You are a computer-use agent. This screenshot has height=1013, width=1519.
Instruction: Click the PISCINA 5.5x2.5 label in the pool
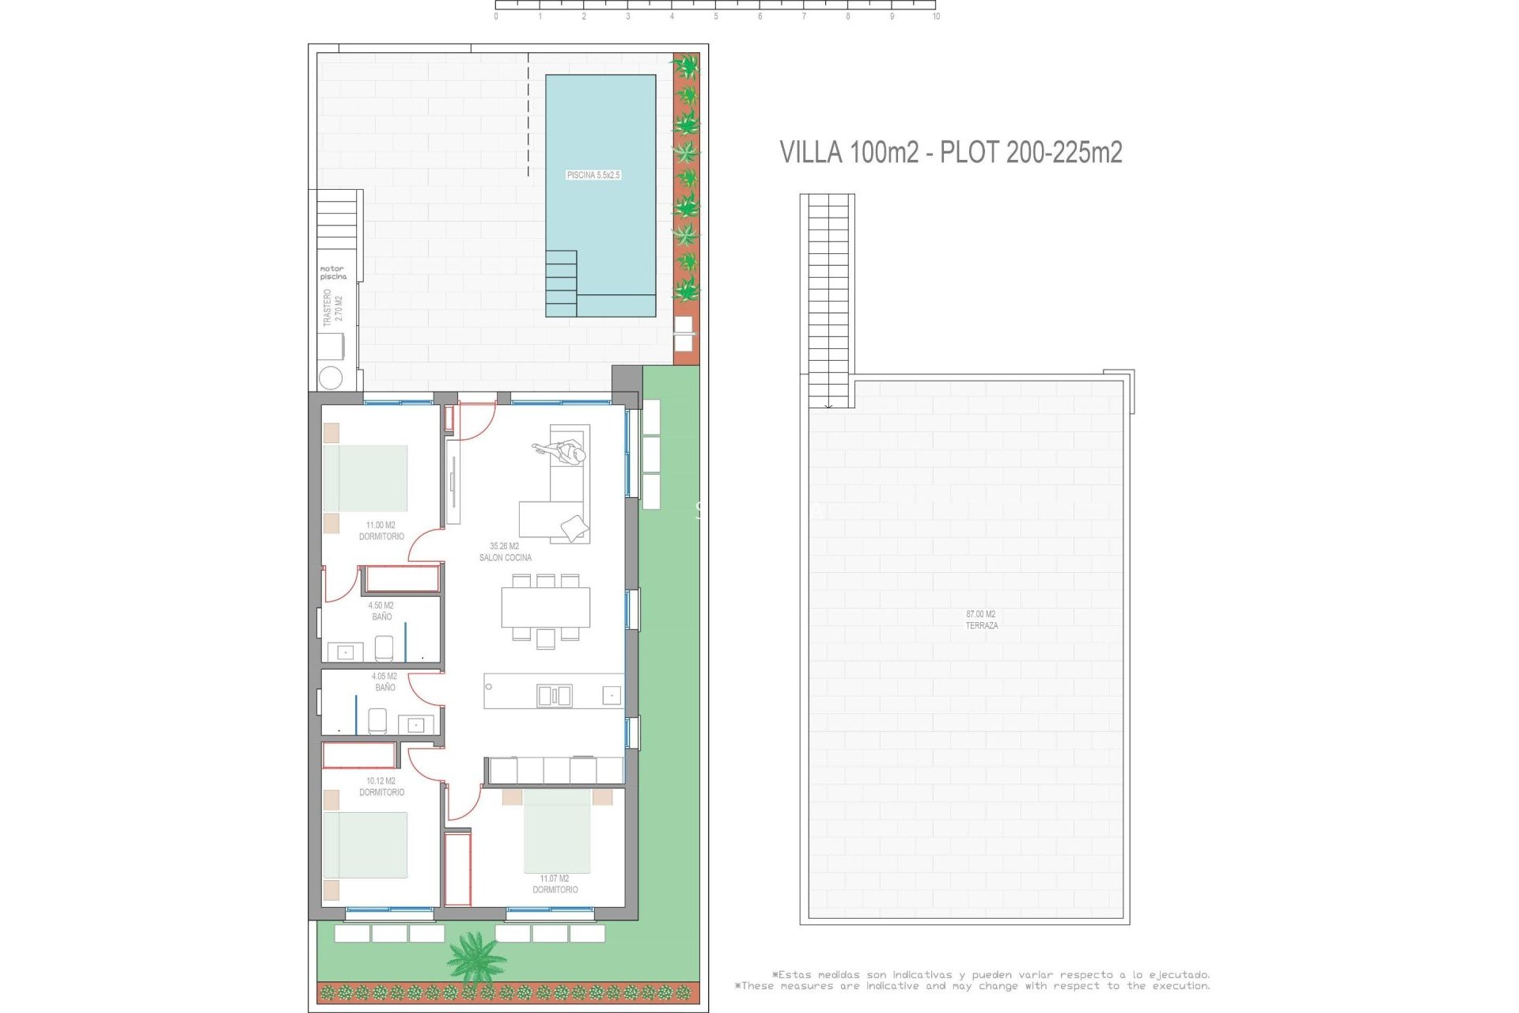tap(593, 175)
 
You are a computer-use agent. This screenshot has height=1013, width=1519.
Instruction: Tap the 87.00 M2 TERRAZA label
tap(981, 620)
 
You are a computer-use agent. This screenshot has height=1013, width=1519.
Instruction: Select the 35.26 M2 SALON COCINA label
tap(505, 552)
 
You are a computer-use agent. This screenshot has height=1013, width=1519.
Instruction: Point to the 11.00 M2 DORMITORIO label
tap(381, 531)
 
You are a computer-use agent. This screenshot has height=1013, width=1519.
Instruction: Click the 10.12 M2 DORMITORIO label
tap(381, 787)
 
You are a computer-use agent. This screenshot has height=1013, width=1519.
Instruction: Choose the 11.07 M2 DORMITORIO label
tap(555, 884)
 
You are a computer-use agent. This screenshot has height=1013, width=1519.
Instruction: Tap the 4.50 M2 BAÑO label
tap(381, 611)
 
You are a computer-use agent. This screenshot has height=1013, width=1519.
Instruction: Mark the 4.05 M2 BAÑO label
tap(384, 681)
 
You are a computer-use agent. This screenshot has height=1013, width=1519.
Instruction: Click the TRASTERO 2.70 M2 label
tap(333, 308)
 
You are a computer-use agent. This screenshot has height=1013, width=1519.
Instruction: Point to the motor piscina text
tap(333, 273)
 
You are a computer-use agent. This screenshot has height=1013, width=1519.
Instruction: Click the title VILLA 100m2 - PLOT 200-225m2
tap(950, 152)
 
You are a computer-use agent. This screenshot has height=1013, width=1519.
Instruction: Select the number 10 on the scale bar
tap(936, 17)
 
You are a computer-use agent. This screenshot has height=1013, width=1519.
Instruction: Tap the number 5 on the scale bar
tap(716, 17)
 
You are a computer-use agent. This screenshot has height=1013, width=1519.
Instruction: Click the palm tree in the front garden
tap(475, 956)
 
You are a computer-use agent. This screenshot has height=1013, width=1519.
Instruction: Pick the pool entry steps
tap(561, 283)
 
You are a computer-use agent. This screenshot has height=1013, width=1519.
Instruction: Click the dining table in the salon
tap(545, 607)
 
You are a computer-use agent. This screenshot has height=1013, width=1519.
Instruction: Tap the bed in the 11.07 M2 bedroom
tap(557, 831)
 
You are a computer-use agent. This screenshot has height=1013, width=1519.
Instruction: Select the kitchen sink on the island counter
tap(554, 696)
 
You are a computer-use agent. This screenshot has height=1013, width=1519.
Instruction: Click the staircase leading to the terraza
tap(828, 301)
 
